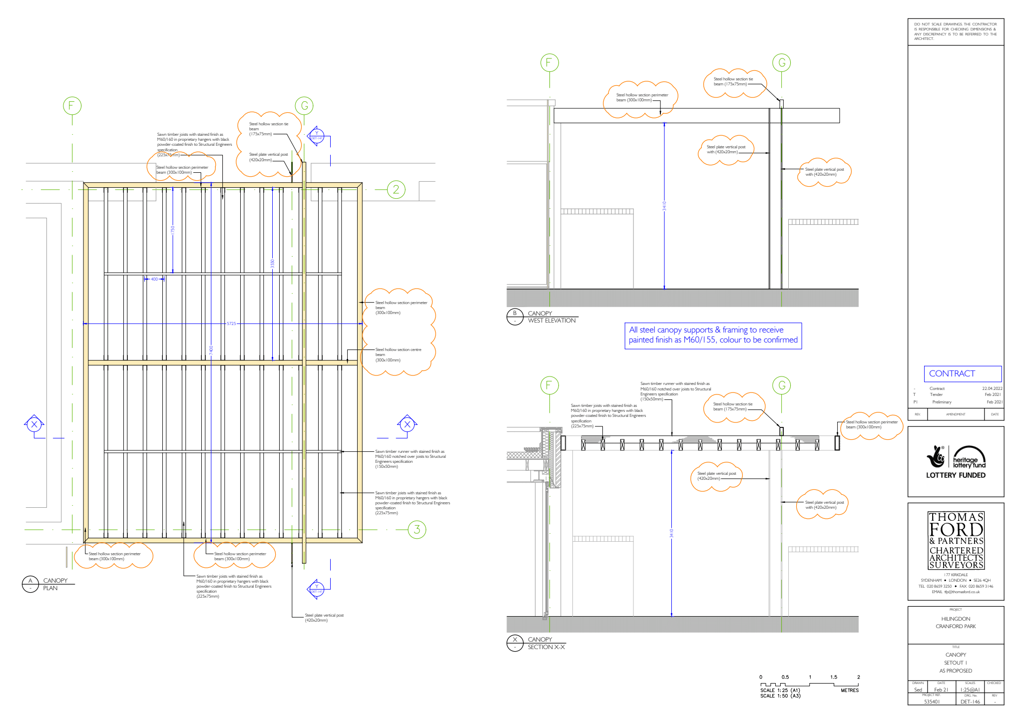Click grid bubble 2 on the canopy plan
click(396, 190)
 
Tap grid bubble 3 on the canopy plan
click(417, 530)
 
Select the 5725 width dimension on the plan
click(231, 324)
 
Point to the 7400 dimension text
click(211, 350)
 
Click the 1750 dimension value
click(173, 230)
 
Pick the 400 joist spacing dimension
click(154, 279)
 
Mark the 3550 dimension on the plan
click(272, 263)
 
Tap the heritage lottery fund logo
click(956, 460)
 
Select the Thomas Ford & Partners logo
click(956, 541)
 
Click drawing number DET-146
click(970, 702)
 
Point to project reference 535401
click(932, 702)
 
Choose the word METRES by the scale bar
click(849, 691)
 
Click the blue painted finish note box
click(713, 335)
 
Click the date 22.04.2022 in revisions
click(992, 388)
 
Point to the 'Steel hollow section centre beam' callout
click(398, 355)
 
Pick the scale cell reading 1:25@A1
click(970, 690)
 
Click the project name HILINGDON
click(956, 619)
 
